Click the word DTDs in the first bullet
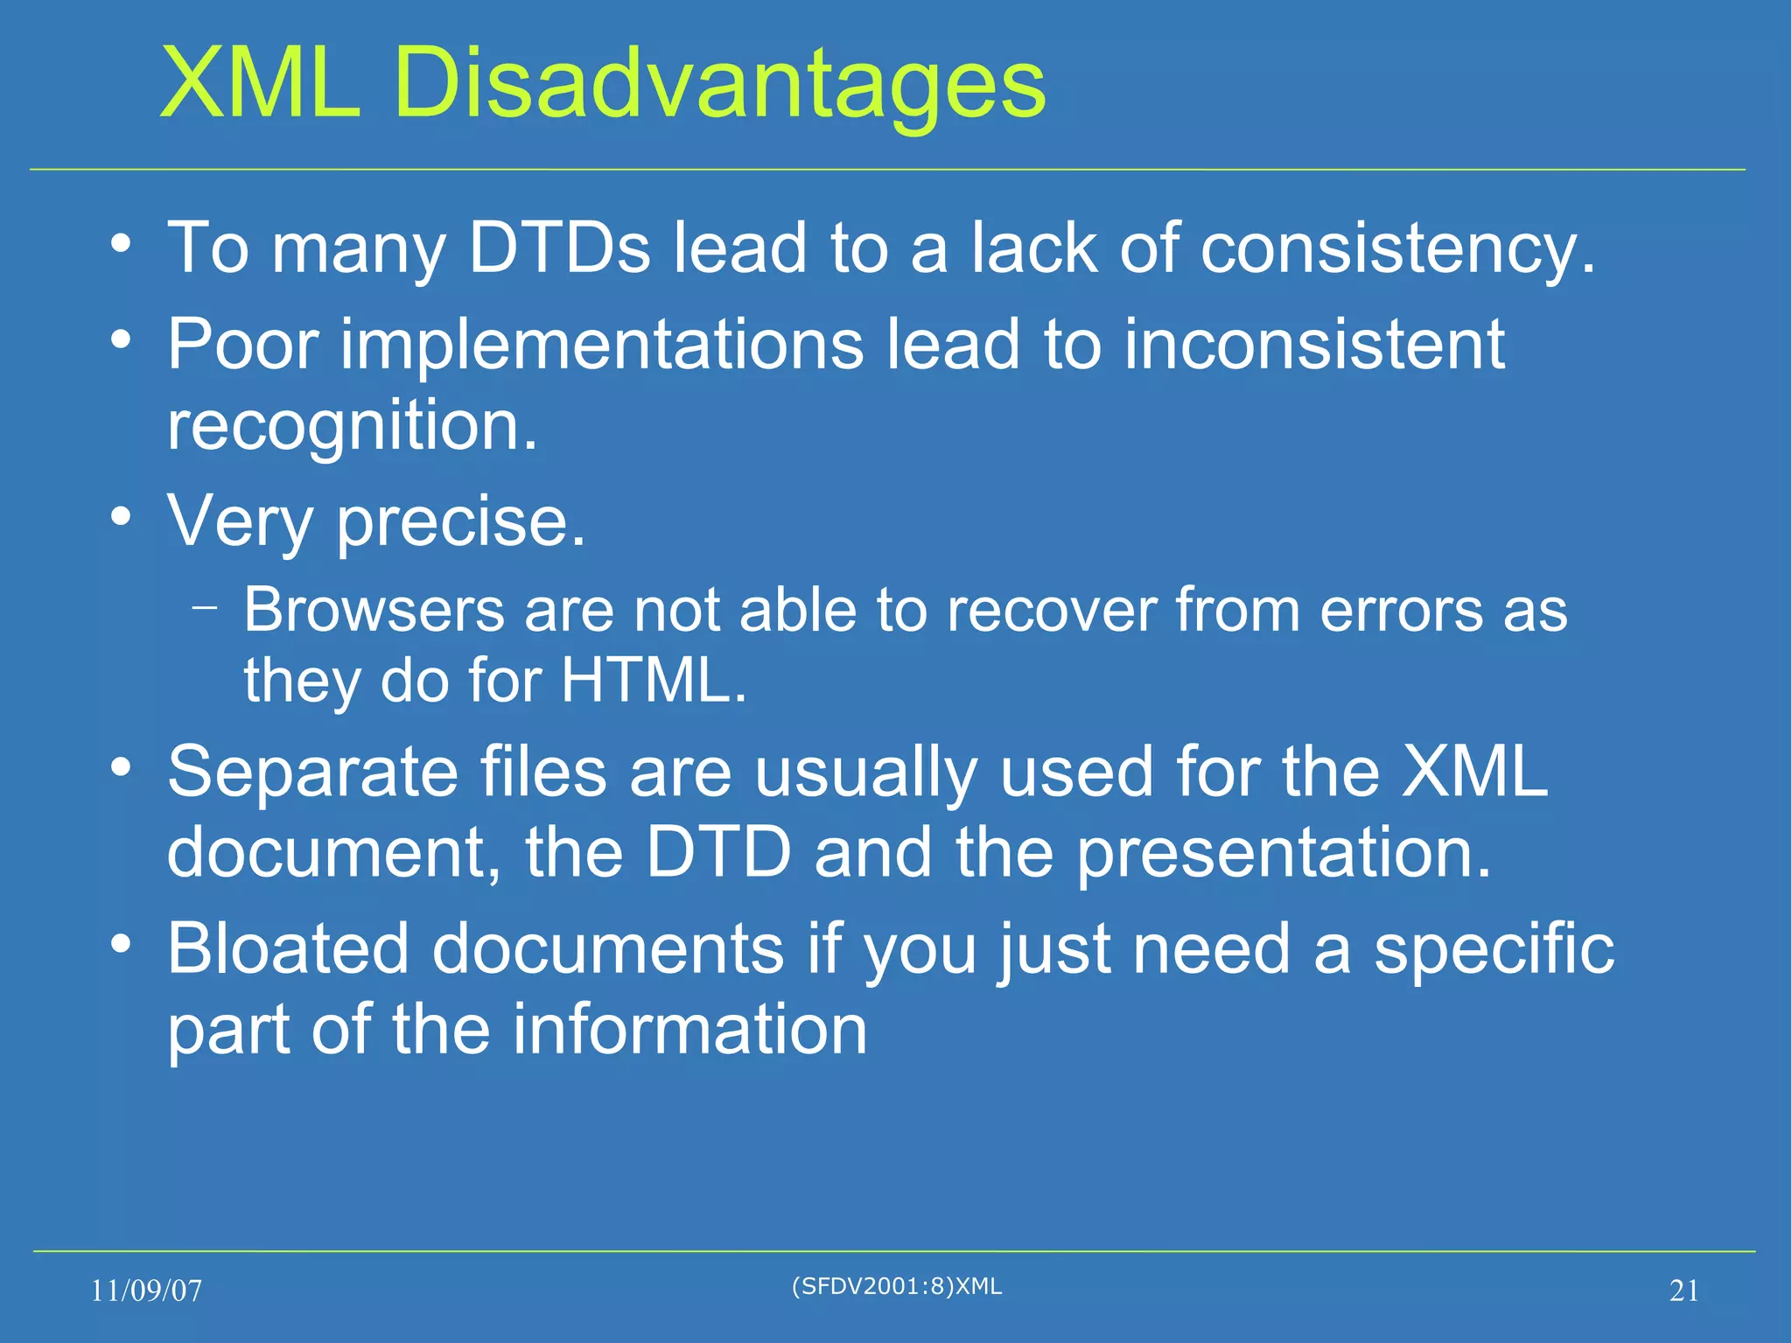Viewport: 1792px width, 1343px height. tap(560, 248)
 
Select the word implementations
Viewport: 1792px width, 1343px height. tap(603, 344)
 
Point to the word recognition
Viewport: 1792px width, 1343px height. tap(352, 426)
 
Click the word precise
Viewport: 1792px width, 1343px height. tap(461, 522)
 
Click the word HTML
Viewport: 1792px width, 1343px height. tap(654, 680)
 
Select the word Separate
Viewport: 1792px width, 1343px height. tap(313, 772)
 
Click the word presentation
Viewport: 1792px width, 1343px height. tap(1283, 852)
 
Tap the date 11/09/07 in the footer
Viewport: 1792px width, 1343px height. tap(146, 1291)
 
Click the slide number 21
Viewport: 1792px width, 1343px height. tap(1683, 1291)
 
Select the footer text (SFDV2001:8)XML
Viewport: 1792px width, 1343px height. tap(896, 1286)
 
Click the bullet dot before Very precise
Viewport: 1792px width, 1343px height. tap(122, 516)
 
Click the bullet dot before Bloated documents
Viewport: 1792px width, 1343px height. tap(122, 943)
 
